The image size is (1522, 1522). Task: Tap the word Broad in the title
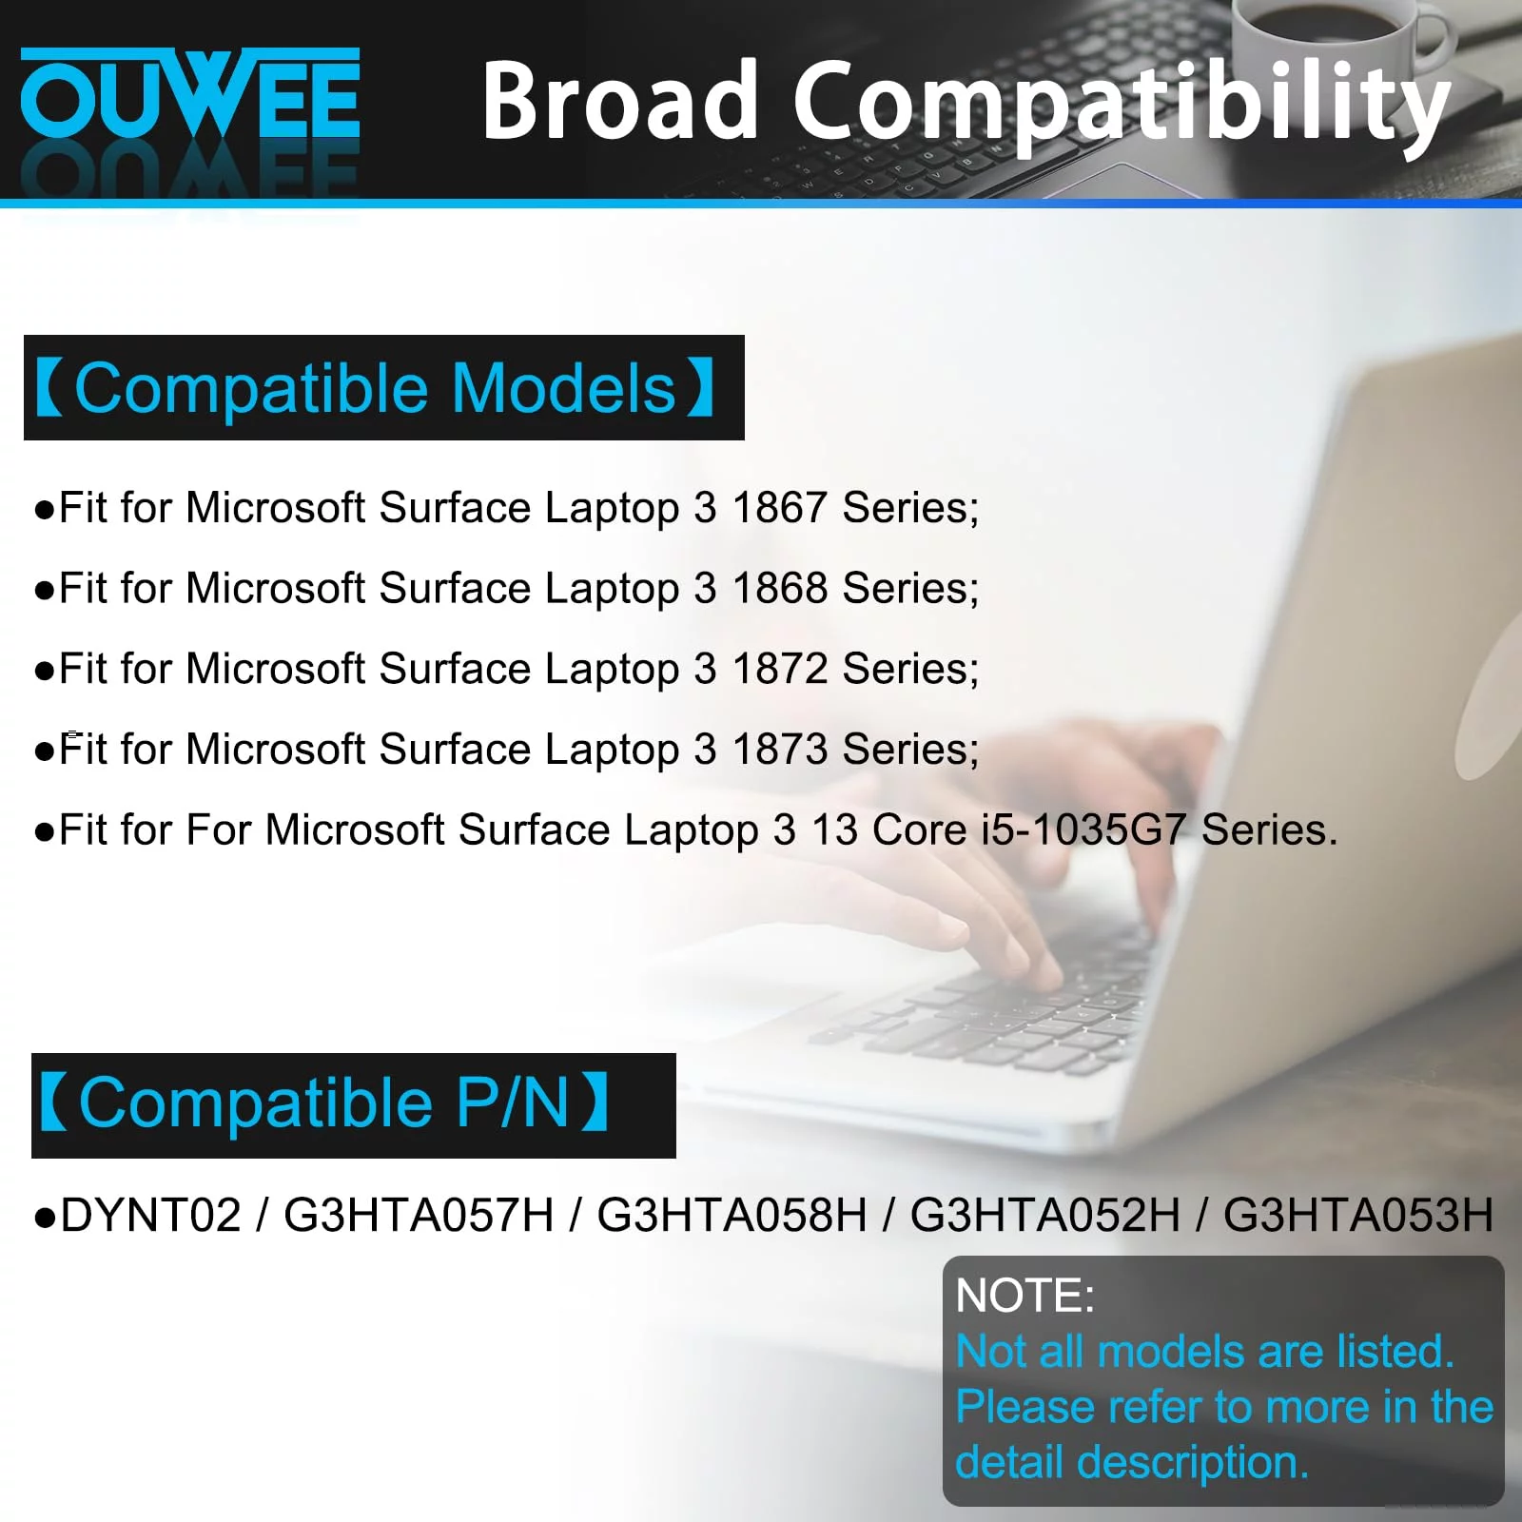620,99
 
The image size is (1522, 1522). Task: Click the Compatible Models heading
377,388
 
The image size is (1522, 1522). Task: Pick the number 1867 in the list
779,507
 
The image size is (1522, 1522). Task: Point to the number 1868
779,588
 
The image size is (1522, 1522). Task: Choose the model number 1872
779,669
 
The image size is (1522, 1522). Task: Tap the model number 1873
779,750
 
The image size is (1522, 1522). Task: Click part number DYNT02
150,1215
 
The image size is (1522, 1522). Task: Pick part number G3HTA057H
419,1215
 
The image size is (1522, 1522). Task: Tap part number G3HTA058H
732,1215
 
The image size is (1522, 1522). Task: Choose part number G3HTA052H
1044,1215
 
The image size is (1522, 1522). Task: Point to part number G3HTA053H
1358,1215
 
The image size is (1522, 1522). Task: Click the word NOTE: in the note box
1025,1296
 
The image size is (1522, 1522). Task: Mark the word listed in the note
1395,1351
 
